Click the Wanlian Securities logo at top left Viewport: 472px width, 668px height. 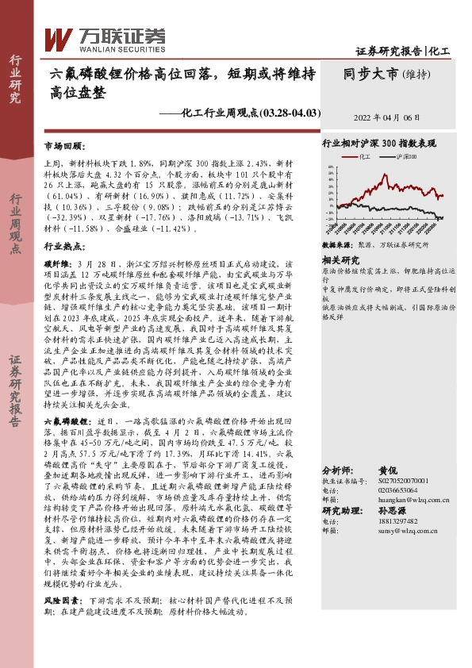pyautogui.click(x=103, y=37)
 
